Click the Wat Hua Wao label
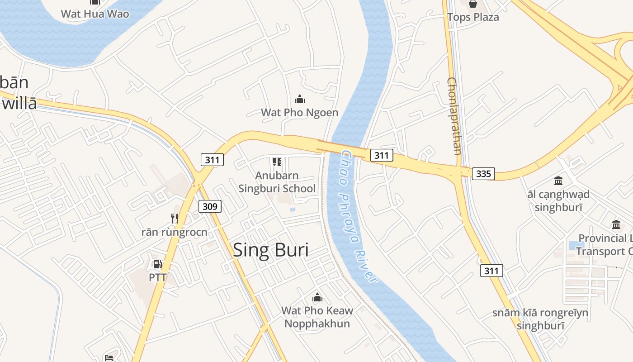point(95,14)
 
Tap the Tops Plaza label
point(473,17)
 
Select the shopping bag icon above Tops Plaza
point(473,4)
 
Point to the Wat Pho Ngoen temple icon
point(299,99)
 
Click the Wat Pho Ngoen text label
point(299,113)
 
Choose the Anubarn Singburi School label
point(277,182)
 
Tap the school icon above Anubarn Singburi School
point(277,162)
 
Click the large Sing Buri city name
point(270,250)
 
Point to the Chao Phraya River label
point(359,217)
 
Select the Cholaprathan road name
point(453,116)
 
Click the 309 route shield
point(210,207)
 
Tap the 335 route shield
point(483,173)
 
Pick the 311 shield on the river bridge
point(382,156)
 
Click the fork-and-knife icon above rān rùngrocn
point(175,219)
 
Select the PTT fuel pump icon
point(157,264)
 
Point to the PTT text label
point(158,277)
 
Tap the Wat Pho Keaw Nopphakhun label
point(317,317)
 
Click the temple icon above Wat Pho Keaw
point(317,297)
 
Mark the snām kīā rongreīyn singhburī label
point(540,319)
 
